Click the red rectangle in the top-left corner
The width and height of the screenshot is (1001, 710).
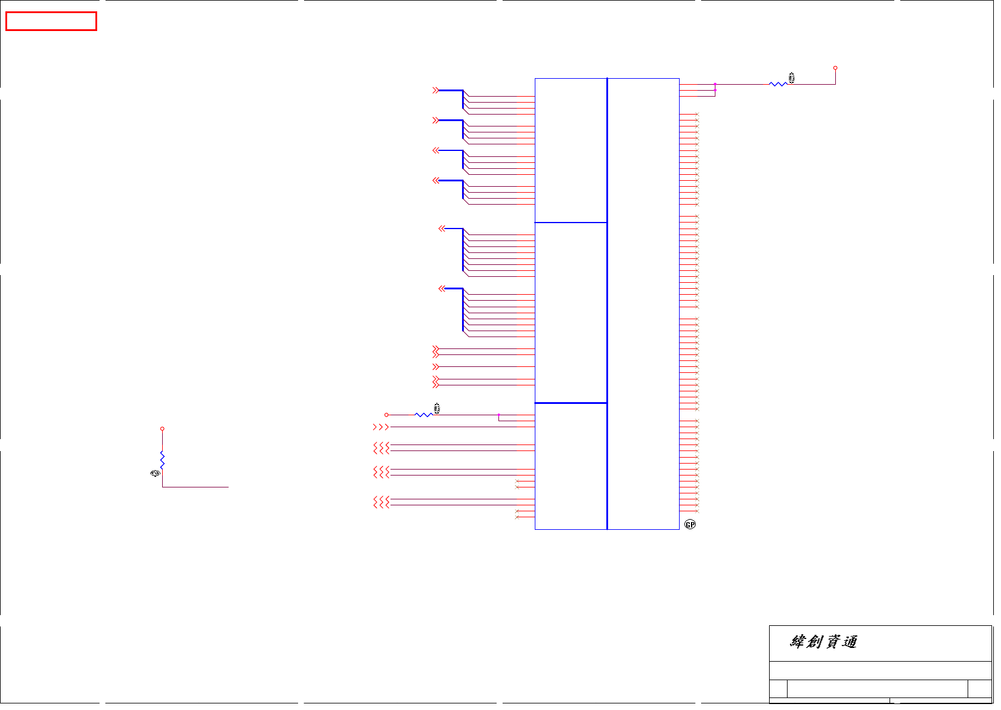tap(51, 21)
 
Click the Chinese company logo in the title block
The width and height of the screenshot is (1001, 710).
tap(823, 642)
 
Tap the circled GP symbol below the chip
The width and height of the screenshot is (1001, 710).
tap(690, 524)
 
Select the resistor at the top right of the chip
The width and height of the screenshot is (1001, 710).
tap(778, 84)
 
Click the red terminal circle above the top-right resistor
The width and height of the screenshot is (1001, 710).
tap(835, 68)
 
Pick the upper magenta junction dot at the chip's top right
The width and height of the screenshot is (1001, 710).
tap(715, 84)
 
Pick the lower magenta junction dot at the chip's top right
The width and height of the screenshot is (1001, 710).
tap(715, 90)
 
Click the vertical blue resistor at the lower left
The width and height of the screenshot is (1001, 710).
tap(162, 459)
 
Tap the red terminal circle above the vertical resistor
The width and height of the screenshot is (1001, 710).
tap(162, 428)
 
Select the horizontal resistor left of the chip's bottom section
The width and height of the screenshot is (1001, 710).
tap(423, 415)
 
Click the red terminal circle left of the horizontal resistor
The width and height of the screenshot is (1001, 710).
tap(386, 415)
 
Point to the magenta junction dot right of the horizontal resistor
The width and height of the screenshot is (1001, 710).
tap(498, 415)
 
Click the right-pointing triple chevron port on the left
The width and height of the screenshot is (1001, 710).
tap(380, 427)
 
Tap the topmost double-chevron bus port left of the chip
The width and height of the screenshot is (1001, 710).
tap(436, 90)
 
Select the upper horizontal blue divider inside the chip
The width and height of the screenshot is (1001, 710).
tap(571, 223)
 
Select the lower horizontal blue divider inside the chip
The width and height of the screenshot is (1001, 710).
tap(571, 403)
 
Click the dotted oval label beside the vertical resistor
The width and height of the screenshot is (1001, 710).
tap(155, 473)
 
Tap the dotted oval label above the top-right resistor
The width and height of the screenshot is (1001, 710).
tap(792, 78)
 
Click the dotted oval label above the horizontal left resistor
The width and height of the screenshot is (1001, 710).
tap(436, 408)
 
